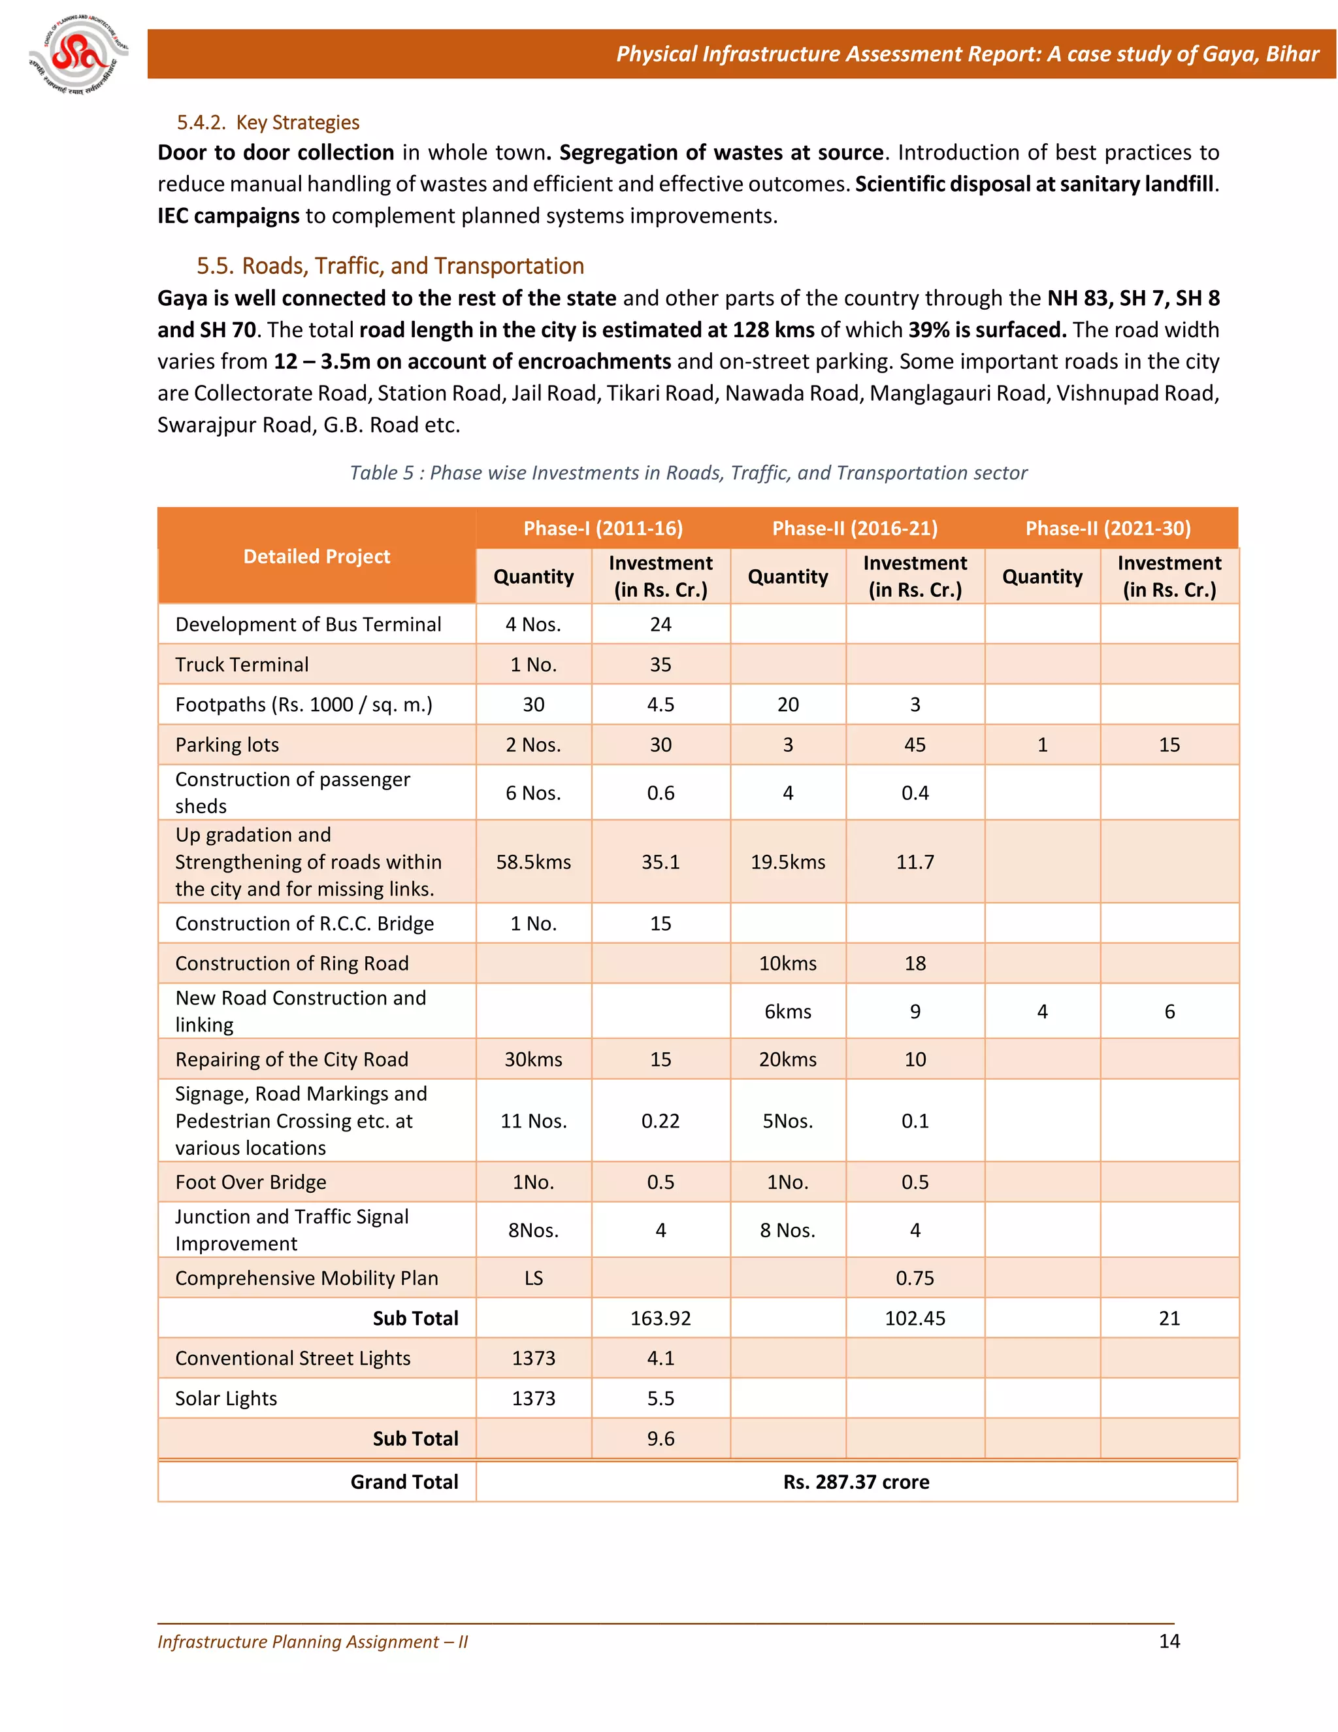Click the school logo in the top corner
pyautogui.click(x=78, y=55)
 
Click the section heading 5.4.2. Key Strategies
pyautogui.click(x=268, y=122)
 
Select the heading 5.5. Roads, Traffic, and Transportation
pyautogui.click(x=390, y=265)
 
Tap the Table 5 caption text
pyautogui.click(x=688, y=473)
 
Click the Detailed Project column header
pyautogui.click(x=316, y=557)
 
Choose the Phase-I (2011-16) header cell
pyautogui.click(x=602, y=528)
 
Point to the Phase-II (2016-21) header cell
pyautogui.click(x=855, y=528)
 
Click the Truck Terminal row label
pyautogui.click(x=242, y=665)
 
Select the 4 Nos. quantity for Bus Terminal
pyautogui.click(x=534, y=624)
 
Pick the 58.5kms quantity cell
pyautogui.click(x=534, y=862)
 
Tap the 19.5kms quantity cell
pyautogui.click(x=788, y=862)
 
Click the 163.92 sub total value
pyautogui.click(x=661, y=1318)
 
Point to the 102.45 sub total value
pyautogui.click(x=915, y=1318)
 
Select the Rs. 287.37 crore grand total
pyautogui.click(x=856, y=1482)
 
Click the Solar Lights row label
pyautogui.click(x=226, y=1398)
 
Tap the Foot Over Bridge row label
pyautogui.click(x=250, y=1182)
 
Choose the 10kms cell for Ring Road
pyautogui.click(x=788, y=963)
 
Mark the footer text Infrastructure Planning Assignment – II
pyautogui.click(x=312, y=1642)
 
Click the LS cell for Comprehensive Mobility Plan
pyautogui.click(x=534, y=1278)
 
